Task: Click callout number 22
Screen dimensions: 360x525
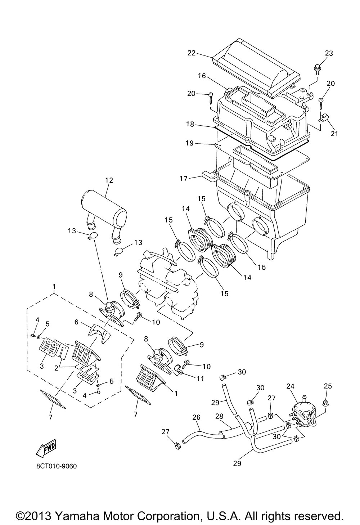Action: pos(192,53)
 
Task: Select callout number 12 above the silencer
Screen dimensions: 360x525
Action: pos(109,180)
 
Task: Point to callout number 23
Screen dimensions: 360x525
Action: pos(329,53)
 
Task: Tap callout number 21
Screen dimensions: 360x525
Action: pos(334,134)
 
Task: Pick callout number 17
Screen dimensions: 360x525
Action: pos(184,179)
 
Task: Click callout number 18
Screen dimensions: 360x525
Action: pos(190,124)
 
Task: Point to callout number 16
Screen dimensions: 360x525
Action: pos(202,76)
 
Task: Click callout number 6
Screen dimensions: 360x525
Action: pos(76,322)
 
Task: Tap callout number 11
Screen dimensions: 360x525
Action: pos(201,378)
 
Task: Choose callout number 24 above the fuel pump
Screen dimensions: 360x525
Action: pos(290,386)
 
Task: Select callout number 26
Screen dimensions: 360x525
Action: pos(197,417)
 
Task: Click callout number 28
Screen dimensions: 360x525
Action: pos(219,417)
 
